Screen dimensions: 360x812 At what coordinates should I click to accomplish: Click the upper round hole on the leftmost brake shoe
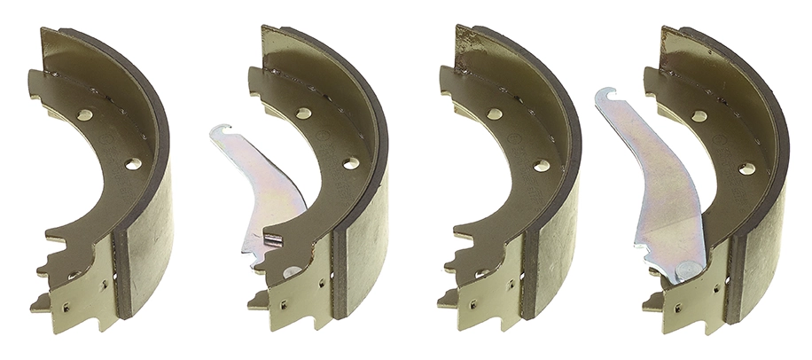[x=85, y=115]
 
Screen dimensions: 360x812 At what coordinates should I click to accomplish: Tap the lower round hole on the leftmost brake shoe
[x=133, y=164]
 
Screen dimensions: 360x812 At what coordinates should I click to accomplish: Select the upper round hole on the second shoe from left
[x=303, y=113]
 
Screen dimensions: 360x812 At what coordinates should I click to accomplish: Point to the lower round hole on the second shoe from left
[x=351, y=163]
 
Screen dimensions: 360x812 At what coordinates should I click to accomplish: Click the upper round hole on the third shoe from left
[x=494, y=114]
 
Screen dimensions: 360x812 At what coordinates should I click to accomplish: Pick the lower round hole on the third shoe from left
[x=542, y=165]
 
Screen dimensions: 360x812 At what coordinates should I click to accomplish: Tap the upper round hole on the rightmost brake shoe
[x=699, y=116]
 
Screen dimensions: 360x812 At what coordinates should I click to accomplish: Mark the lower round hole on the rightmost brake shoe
[x=746, y=167]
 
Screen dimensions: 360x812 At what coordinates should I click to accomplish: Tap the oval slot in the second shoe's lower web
[x=292, y=272]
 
